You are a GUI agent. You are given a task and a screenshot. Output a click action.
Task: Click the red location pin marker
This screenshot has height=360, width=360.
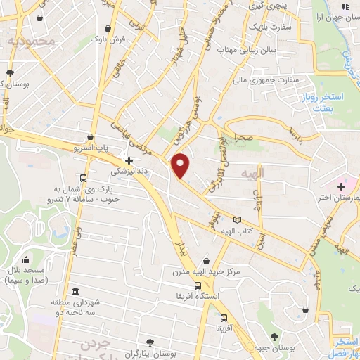coord(181,166)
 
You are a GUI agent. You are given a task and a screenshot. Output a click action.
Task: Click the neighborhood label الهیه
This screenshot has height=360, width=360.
coord(251,174)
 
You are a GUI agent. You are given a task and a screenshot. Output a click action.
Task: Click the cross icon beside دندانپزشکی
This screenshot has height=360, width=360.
coord(129,160)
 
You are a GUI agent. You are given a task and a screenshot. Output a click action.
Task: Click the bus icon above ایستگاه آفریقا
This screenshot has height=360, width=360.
coord(198,286)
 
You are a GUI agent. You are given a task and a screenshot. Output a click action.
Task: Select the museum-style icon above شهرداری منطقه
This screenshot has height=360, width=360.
coord(75,292)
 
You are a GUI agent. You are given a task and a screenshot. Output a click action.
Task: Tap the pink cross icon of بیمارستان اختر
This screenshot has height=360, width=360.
coord(341,187)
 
